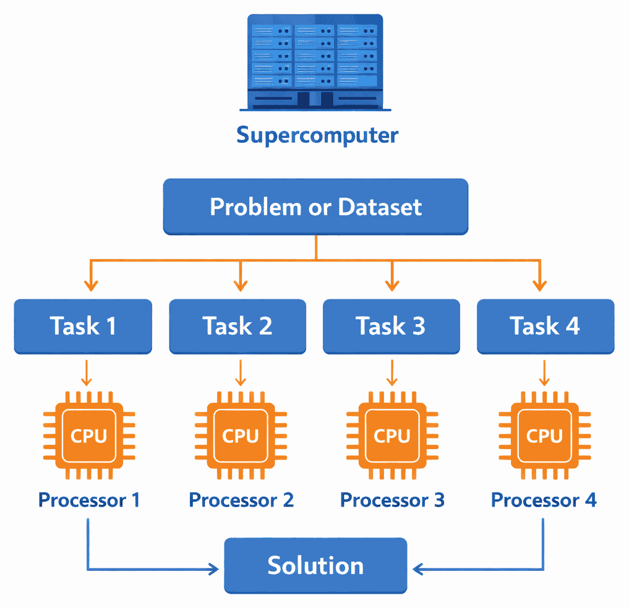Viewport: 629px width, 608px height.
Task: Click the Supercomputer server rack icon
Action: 314,61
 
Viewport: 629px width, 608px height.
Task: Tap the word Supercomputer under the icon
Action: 317,135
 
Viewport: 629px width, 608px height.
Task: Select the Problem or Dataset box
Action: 315,207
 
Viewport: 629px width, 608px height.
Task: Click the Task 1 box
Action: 83,326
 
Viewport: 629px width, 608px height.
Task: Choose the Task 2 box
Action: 237,326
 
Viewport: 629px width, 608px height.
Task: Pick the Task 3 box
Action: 391,326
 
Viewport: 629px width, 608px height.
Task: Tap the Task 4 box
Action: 545,326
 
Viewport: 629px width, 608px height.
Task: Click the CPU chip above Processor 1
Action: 88,435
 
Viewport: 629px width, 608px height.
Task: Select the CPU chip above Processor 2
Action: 240,435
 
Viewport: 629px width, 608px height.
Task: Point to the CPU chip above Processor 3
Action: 392,435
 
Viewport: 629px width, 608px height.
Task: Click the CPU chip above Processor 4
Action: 544,435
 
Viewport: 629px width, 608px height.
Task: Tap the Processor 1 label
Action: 88,500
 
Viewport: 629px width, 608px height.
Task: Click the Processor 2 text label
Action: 241,500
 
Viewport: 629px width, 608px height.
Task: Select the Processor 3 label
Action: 392,500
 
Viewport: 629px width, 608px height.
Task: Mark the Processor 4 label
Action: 544,500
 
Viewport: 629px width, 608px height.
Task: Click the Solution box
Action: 315,565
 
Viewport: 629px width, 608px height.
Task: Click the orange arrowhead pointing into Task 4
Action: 540,285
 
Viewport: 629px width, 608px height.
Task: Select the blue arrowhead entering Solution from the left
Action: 215,568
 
